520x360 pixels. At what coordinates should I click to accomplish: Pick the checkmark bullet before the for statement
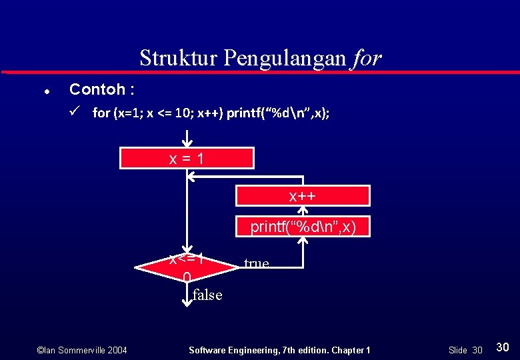click(75, 111)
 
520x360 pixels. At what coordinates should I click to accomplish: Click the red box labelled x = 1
click(187, 159)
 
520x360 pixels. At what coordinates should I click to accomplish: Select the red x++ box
click(302, 196)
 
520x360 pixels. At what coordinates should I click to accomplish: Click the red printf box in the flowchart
click(303, 227)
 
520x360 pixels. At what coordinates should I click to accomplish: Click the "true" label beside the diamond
click(257, 263)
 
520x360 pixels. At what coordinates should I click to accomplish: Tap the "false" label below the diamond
click(207, 295)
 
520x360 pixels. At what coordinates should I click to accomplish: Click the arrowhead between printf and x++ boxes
click(303, 211)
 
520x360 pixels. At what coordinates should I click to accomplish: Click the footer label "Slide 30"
click(465, 350)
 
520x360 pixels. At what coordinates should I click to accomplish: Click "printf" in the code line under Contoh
click(246, 113)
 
